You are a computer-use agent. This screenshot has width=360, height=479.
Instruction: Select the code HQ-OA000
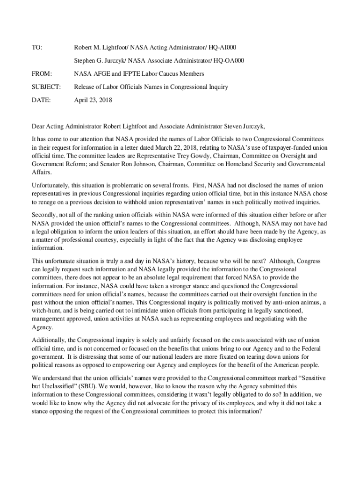pos(228,60)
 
